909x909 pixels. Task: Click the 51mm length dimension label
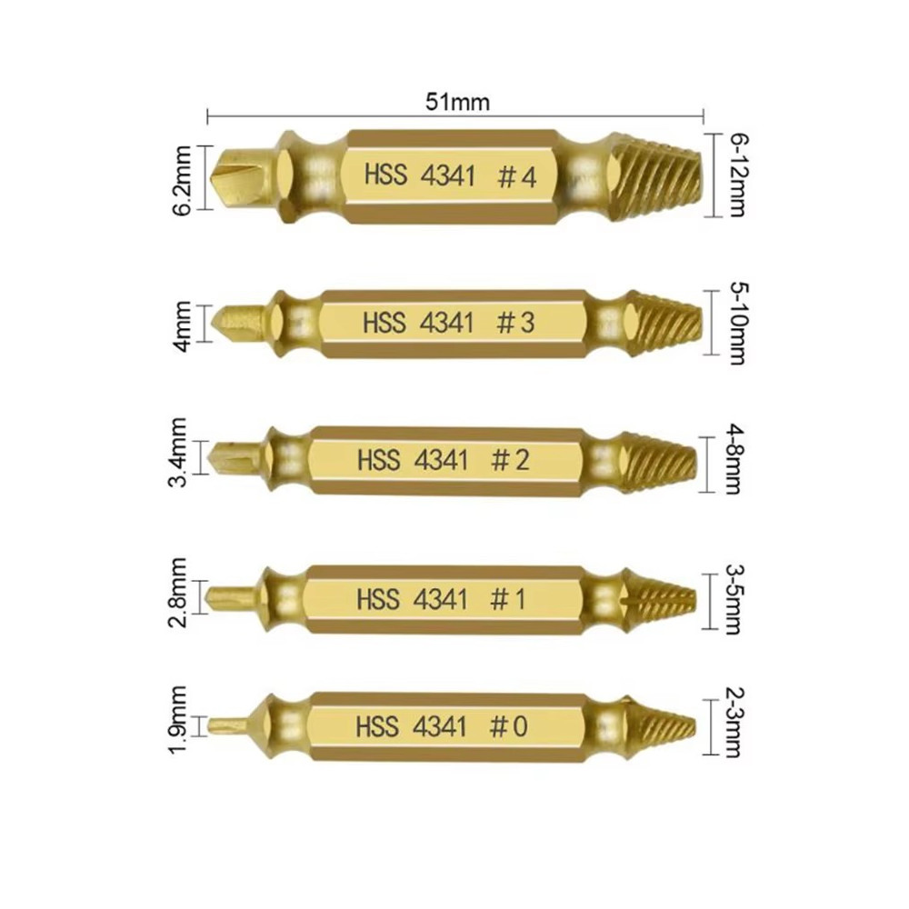click(x=457, y=102)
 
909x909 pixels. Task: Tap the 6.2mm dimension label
click(x=182, y=181)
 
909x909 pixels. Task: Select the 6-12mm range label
click(x=738, y=175)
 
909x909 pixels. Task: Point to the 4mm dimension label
click(x=182, y=325)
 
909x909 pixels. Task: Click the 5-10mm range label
click(x=737, y=325)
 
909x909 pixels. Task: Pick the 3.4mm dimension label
click(x=177, y=452)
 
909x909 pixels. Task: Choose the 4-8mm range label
click(x=734, y=460)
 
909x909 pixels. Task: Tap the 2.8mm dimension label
click(x=177, y=593)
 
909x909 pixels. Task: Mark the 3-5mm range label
click(x=734, y=600)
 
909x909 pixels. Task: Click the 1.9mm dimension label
click(x=177, y=719)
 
